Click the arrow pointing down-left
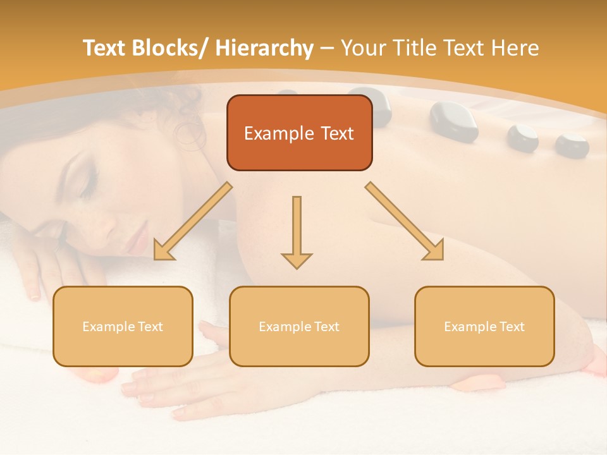[192, 222]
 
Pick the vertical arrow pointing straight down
[297, 231]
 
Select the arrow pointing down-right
[405, 221]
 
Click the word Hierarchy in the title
[264, 48]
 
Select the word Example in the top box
[279, 133]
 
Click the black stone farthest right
[572, 145]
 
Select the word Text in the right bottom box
[512, 327]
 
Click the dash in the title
[327, 48]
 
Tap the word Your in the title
[362, 48]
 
